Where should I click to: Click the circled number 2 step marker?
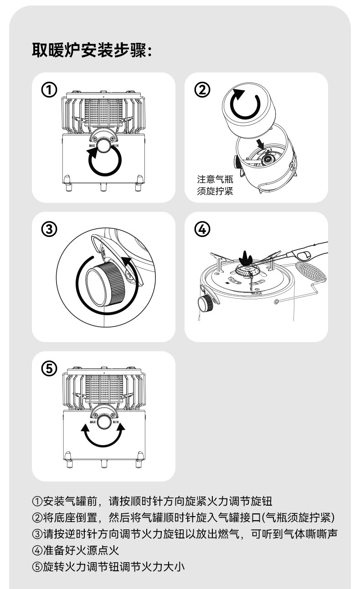coord(202,89)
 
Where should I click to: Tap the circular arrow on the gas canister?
coord(247,103)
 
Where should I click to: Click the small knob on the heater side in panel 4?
coord(205,302)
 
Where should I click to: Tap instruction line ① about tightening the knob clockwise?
coord(152,502)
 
